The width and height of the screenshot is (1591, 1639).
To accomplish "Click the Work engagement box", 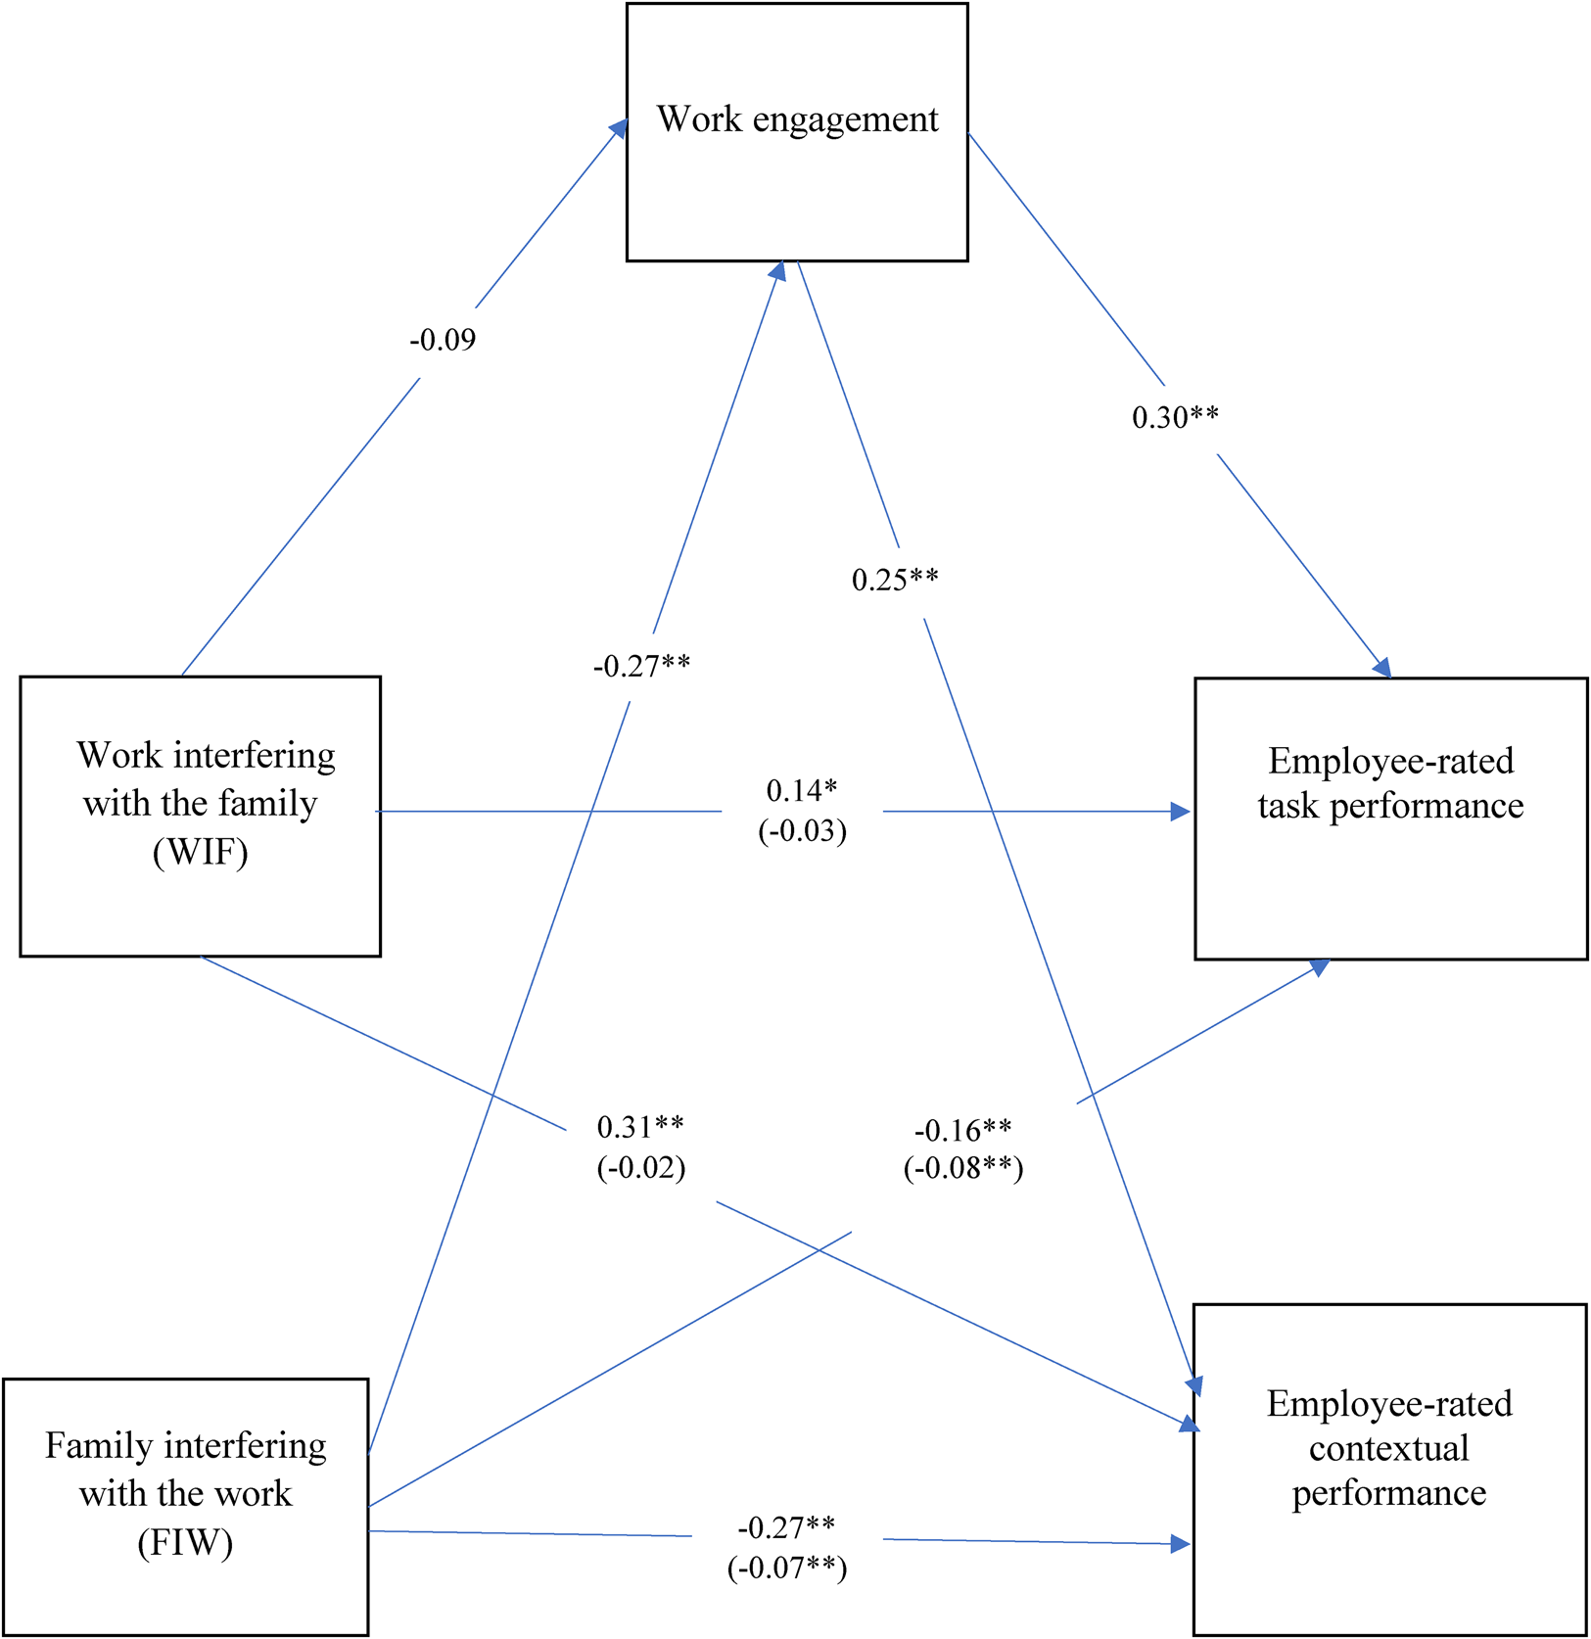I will point(797,132).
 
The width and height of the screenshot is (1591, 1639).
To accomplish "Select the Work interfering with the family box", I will point(200,816).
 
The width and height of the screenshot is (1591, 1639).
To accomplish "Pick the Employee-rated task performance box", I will point(1390,818).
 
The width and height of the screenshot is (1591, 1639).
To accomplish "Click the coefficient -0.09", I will point(443,341).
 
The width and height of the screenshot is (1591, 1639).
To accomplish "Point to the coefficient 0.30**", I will point(1175,418).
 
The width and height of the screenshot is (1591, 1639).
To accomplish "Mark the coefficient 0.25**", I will point(895,581).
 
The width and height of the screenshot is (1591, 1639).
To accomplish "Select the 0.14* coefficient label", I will point(802,790).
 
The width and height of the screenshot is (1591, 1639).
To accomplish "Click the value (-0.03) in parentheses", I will point(802,831).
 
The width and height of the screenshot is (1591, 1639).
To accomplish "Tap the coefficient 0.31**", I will point(640,1127).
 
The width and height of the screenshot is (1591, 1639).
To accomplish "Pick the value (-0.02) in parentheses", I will point(640,1167).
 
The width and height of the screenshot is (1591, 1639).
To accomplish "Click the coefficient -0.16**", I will point(962,1131).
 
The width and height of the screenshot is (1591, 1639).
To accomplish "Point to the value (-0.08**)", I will point(962,1168).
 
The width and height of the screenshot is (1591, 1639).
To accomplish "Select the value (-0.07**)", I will point(786,1568).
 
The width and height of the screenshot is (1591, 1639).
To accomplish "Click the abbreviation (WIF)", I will point(200,852).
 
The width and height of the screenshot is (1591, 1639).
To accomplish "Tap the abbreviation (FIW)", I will point(185,1543).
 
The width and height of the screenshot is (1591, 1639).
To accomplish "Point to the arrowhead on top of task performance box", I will point(1382,668).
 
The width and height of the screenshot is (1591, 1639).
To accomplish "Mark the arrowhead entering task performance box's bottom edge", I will point(1320,967).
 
